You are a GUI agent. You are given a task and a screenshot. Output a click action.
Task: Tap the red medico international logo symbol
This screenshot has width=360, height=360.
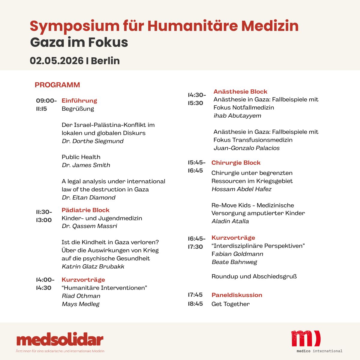(x=306, y=338)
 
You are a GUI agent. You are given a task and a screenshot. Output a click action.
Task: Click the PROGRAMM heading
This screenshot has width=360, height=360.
(x=57, y=85)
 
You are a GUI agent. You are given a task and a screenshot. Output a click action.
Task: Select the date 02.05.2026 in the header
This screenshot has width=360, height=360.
(x=56, y=61)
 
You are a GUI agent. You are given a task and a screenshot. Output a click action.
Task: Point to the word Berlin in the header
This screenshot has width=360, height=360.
(x=105, y=61)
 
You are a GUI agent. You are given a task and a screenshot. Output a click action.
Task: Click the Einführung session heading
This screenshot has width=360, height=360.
(x=79, y=100)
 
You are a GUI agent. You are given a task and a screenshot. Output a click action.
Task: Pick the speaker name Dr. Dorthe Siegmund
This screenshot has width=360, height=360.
(x=92, y=141)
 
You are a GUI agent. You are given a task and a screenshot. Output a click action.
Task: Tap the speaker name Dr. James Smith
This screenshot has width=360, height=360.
(x=86, y=165)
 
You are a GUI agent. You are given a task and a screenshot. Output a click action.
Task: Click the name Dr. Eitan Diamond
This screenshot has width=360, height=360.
(x=88, y=197)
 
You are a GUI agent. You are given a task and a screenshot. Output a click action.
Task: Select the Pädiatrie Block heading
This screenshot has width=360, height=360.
(x=85, y=210)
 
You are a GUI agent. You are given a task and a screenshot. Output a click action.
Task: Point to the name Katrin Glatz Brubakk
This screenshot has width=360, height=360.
(x=93, y=266)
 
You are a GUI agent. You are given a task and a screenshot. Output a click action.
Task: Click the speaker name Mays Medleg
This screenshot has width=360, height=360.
(x=80, y=304)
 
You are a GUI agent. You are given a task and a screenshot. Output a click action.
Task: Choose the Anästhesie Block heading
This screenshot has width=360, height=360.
(x=240, y=91)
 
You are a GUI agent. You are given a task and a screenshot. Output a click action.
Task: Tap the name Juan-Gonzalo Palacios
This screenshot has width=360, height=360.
(x=247, y=148)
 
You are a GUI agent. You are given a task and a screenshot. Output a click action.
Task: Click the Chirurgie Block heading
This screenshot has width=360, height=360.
(x=236, y=163)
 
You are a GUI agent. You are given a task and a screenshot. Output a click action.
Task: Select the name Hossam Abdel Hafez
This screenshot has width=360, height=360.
(x=241, y=189)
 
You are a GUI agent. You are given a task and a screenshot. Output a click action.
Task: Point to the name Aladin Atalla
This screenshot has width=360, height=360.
(x=230, y=221)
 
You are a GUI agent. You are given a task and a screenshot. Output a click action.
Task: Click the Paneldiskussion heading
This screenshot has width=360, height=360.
(x=237, y=295)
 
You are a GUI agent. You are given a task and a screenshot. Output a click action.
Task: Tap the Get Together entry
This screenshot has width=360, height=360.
(x=230, y=304)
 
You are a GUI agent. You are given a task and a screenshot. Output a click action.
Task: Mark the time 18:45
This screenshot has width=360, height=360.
(x=195, y=304)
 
